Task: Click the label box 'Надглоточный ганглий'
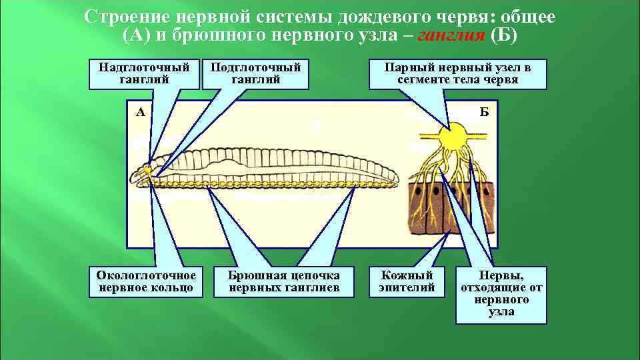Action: [145, 73]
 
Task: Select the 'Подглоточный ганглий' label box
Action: [255, 73]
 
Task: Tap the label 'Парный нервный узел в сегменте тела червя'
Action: [457, 73]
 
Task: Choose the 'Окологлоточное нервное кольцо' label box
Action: [146, 281]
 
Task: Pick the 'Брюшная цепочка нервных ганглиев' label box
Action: [284, 281]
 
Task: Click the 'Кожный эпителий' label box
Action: [407, 281]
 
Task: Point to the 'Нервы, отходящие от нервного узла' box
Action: [501, 294]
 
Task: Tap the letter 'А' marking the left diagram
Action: [141, 112]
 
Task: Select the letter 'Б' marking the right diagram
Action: [484, 112]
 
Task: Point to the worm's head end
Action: [136, 176]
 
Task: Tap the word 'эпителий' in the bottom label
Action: [407, 288]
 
